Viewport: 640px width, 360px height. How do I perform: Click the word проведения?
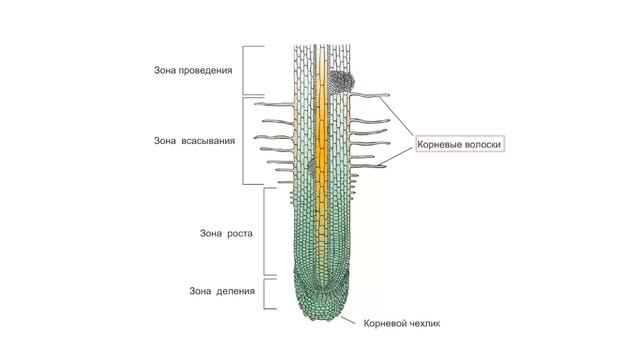click(x=204, y=71)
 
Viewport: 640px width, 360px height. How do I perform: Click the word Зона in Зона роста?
click(x=212, y=233)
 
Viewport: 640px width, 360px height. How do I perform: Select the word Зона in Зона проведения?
click(x=166, y=71)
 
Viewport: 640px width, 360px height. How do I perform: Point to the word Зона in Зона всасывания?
click(x=166, y=141)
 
